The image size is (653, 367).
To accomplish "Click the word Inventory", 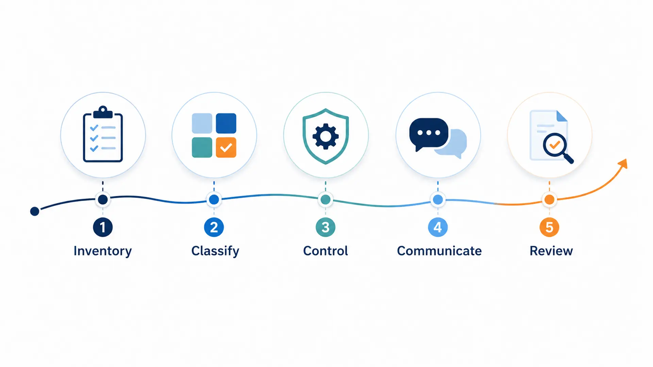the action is point(103,251).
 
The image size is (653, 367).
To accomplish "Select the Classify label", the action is point(215,251).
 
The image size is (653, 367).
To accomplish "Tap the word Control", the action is point(325,251).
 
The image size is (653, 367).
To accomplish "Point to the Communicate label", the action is point(439,251).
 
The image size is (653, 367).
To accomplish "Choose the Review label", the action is point(551,251).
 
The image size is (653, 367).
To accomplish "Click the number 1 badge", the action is point(103,227).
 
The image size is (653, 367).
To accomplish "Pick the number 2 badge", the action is point(214,227).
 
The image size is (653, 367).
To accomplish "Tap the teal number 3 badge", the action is point(325,227).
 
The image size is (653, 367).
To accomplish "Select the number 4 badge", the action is point(438,227).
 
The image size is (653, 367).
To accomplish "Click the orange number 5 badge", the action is point(549,227).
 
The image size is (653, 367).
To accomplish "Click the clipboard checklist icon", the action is point(103,134).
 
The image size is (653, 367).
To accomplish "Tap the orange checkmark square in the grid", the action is point(226,147).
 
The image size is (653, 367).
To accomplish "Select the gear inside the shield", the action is point(325,136).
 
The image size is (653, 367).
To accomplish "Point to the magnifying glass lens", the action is point(555,145).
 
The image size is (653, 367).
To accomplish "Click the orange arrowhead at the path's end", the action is point(623,164).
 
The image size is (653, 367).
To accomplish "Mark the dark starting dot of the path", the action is point(35,211).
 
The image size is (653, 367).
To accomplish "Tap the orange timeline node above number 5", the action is point(549,200).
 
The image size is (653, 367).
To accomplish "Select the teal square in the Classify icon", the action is point(202,147).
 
